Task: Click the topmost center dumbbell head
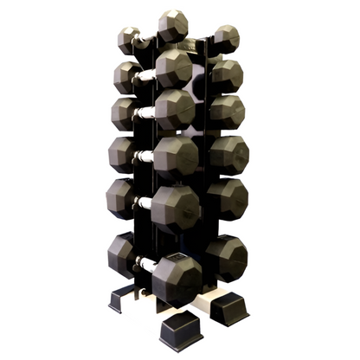pos(173,26)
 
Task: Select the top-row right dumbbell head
pos(226,39)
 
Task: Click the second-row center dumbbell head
pos(174,67)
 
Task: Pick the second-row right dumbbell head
pos(227,74)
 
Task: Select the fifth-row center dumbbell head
pos(177,206)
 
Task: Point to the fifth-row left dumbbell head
pos(122,198)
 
